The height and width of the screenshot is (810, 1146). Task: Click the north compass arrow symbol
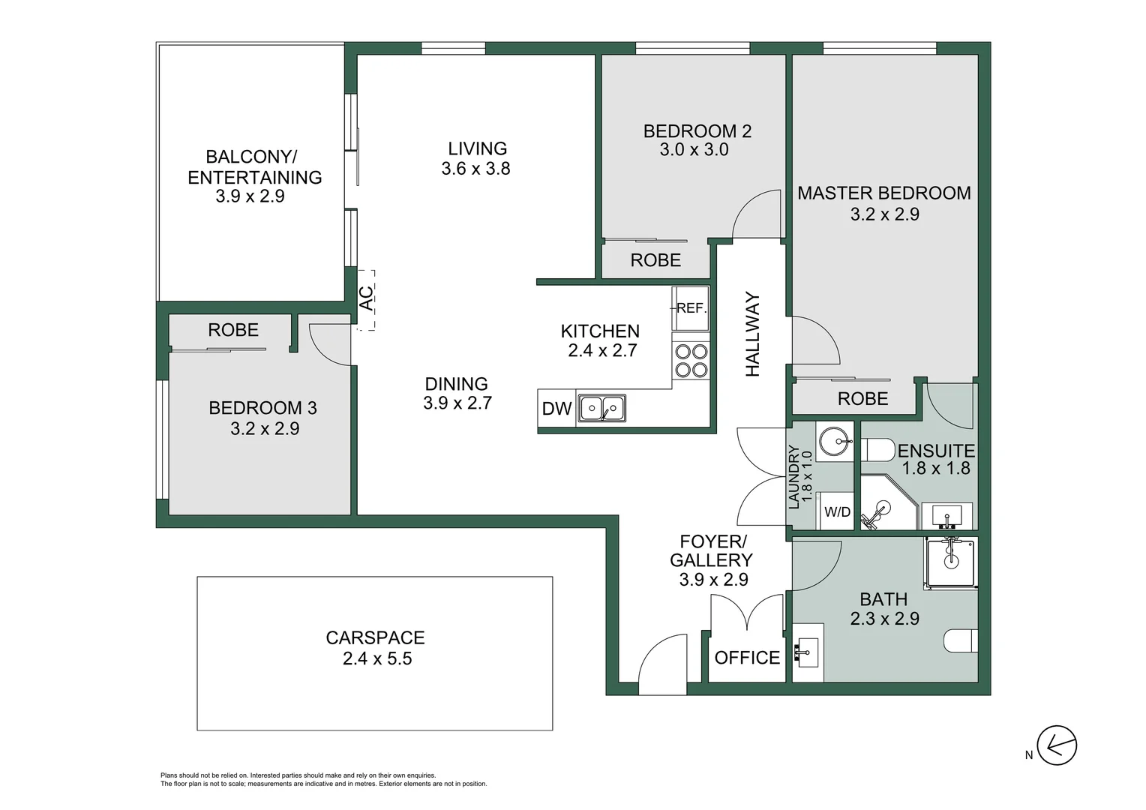pyautogui.click(x=1057, y=745)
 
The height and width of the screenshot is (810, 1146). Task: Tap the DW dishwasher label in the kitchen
pyautogui.click(x=556, y=409)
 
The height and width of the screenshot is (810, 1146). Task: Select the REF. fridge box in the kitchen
pyautogui.click(x=691, y=308)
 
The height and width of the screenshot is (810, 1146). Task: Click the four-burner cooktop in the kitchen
pyautogui.click(x=691, y=361)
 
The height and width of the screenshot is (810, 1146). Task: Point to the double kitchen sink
pyautogui.click(x=602, y=409)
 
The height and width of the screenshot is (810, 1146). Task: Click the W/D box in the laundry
pyautogui.click(x=837, y=512)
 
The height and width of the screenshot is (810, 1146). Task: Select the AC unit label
pyautogui.click(x=366, y=299)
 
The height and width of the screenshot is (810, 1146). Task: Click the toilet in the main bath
pyautogui.click(x=961, y=641)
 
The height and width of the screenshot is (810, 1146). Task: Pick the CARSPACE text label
pyautogui.click(x=375, y=637)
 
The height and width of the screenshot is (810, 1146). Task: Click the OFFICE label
pyautogui.click(x=747, y=658)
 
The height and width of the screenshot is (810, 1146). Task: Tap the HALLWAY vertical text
pyautogui.click(x=753, y=334)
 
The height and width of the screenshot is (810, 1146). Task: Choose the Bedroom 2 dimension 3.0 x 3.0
pyautogui.click(x=694, y=150)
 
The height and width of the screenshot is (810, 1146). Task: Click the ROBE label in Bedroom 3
pyautogui.click(x=233, y=330)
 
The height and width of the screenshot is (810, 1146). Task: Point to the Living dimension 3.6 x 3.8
pyautogui.click(x=475, y=169)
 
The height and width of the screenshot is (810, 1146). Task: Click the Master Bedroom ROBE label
pyautogui.click(x=862, y=399)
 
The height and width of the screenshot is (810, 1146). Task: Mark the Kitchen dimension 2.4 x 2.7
pyautogui.click(x=602, y=350)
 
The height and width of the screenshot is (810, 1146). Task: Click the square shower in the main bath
pyautogui.click(x=951, y=561)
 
